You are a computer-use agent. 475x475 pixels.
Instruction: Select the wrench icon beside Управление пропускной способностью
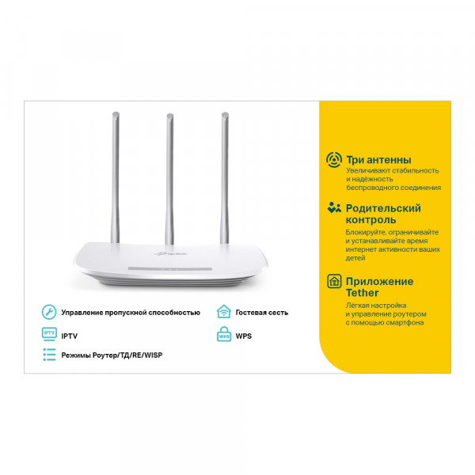click(x=48, y=312)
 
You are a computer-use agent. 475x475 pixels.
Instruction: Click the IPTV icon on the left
click(x=48, y=335)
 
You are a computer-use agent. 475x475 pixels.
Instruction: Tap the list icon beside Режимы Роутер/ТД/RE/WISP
click(x=48, y=355)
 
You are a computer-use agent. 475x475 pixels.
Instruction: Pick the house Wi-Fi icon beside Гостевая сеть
click(x=223, y=312)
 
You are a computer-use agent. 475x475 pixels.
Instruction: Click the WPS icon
click(x=223, y=336)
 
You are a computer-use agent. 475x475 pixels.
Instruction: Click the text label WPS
click(x=243, y=336)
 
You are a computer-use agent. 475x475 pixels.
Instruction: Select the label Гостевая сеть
click(x=262, y=313)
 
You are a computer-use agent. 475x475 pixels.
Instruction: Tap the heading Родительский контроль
click(x=383, y=215)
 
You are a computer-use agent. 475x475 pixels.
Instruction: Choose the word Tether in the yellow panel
click(x=362, y=293)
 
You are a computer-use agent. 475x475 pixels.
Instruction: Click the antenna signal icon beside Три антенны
click(x=333, y=160)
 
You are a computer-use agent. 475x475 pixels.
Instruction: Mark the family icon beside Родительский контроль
click(x=333, y=208)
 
